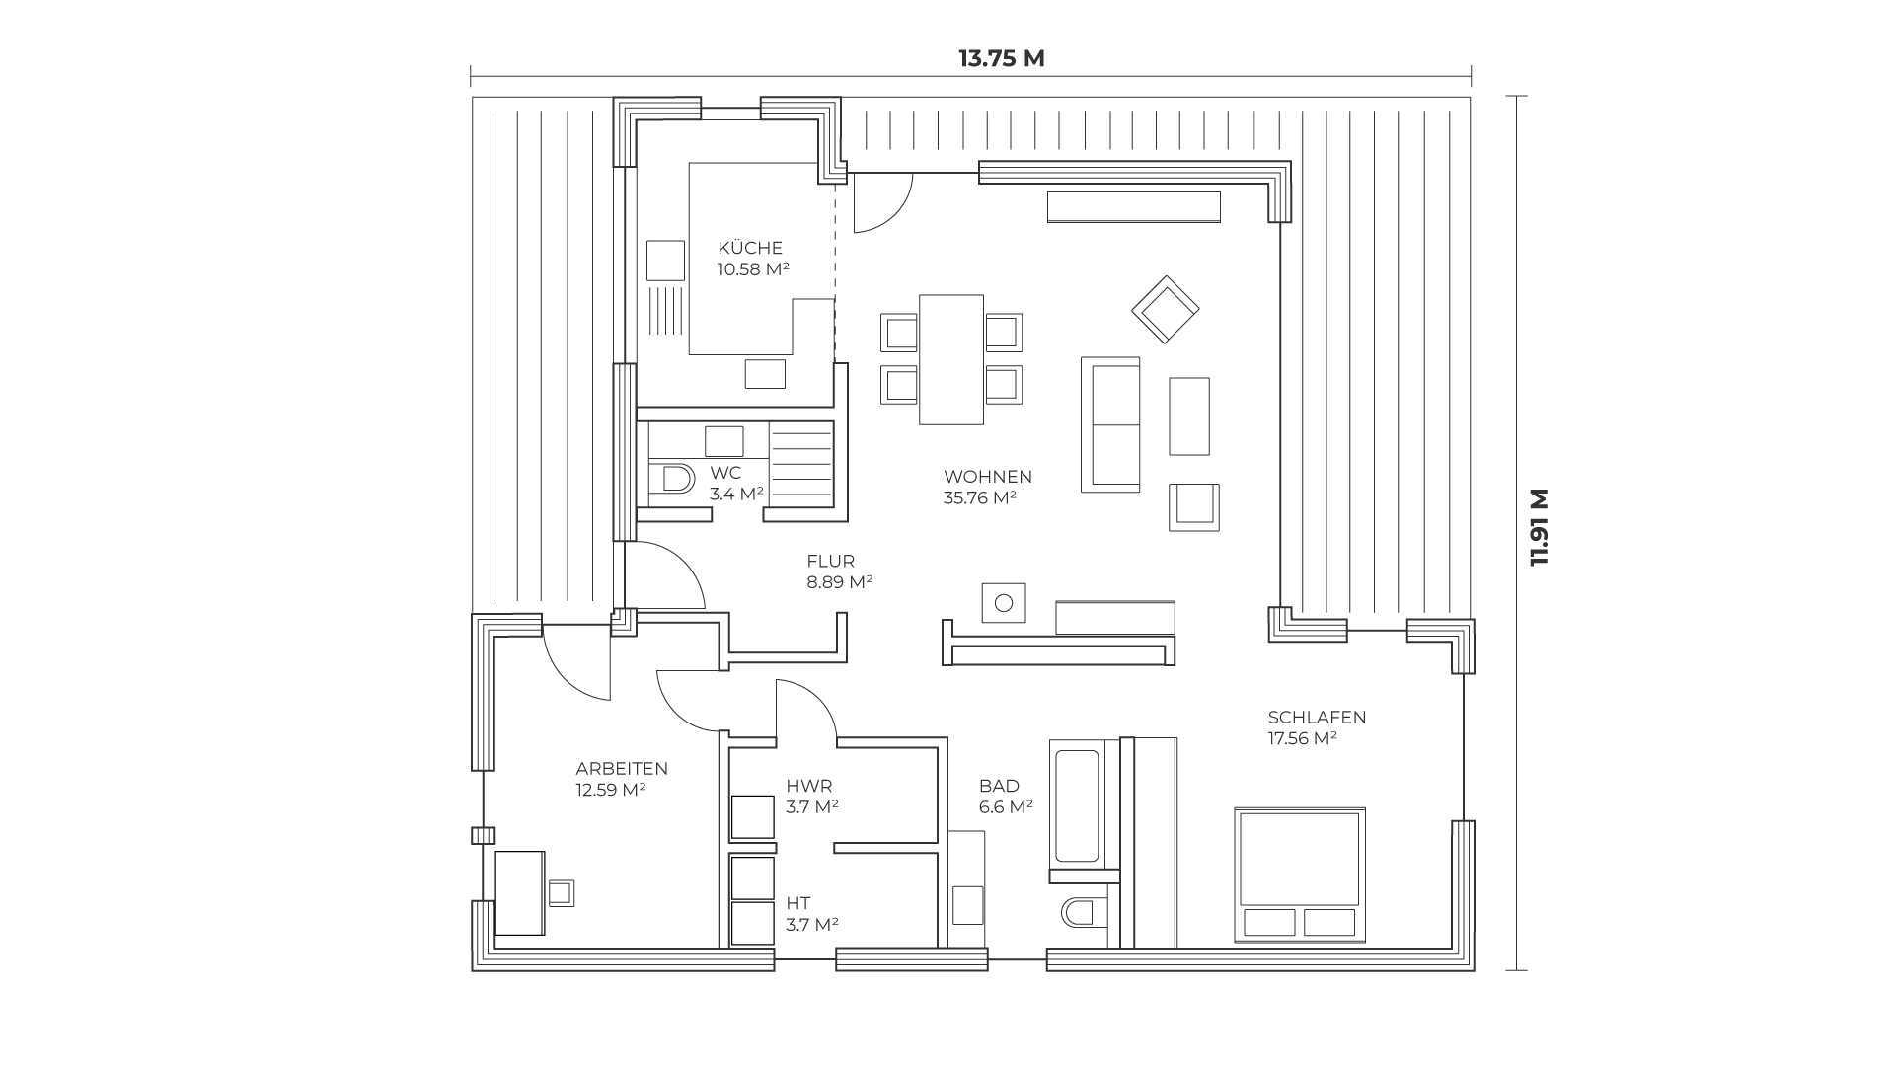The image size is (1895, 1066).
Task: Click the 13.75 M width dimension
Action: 1001,58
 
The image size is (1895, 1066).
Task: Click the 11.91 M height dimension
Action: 1539,527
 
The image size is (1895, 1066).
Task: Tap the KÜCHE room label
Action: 750,248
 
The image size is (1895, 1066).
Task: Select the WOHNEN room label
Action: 988,477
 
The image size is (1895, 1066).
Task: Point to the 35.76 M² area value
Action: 980,498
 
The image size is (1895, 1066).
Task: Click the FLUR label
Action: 831,562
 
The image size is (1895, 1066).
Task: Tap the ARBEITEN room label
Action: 622,769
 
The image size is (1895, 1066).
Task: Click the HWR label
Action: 809,787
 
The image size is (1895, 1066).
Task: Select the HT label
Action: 798,903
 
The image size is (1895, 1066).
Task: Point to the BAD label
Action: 999,787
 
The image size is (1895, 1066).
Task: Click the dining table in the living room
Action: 951,359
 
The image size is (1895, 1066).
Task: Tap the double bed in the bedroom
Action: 1300,874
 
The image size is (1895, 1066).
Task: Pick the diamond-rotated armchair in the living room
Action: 1166,310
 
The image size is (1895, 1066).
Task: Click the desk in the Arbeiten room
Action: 520,893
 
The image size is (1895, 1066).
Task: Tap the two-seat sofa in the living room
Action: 1110,424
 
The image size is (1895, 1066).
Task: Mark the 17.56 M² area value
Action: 1303,739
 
